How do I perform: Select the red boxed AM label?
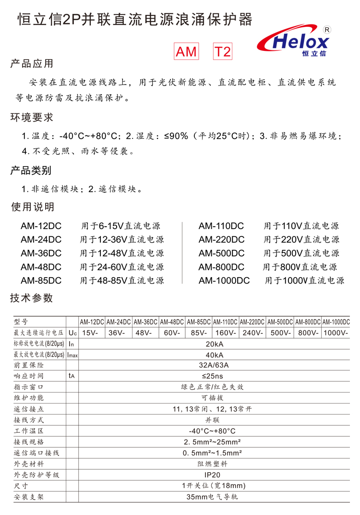click(x=186, y=52)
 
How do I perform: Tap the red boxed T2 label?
click(x=222, y=52)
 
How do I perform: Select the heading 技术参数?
click(x=32, y=298)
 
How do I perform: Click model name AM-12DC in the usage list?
click(x=41, y=226)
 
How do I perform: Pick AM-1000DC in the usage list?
click(x=224, y=281)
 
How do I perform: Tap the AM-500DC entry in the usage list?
click(x=221, y=253)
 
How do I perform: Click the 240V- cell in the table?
click(x=252, y=333)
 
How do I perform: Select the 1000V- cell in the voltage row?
click(x=336, y=333)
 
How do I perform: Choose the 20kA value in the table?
click(x=214, y=344)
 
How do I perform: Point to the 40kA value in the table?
click(x=214, y=355)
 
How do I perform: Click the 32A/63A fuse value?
click(x=214, y=365)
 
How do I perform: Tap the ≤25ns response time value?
click(x=214, y=376)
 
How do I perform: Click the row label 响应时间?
click(x=29, y=376)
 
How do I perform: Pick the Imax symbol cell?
click(x=72, y=355)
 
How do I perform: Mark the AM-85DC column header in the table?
click(x=199, y=322)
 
